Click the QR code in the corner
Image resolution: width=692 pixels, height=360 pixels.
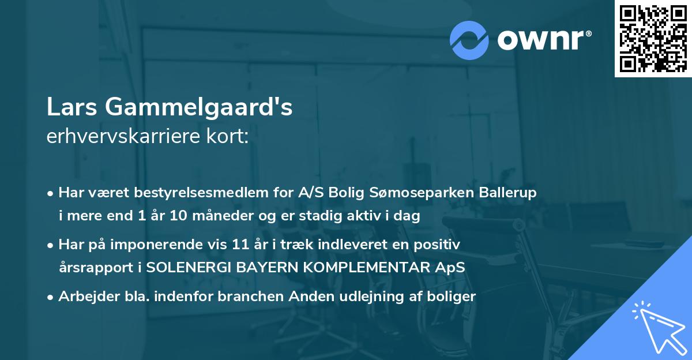point(653,38)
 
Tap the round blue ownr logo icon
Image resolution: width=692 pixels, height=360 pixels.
point(469,40)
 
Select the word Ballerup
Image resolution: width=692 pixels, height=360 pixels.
point(508,193)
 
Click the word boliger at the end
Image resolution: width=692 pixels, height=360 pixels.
point(453,297)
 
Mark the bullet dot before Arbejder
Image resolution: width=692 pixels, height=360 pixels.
point(51,297)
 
